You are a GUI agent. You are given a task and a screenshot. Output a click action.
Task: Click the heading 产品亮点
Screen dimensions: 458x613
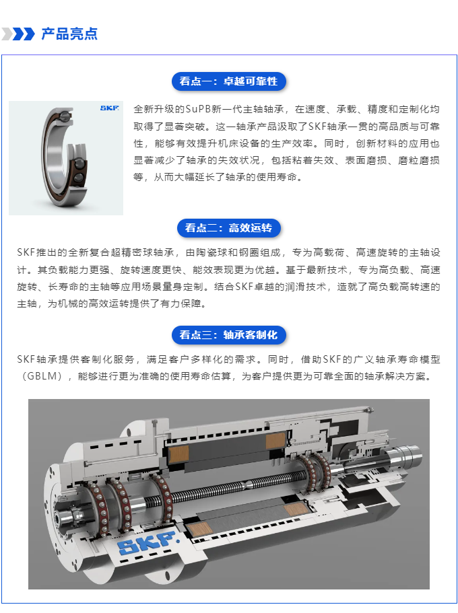(x=69, y=34)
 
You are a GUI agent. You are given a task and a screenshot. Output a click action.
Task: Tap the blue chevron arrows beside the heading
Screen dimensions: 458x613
(x=18, y=34)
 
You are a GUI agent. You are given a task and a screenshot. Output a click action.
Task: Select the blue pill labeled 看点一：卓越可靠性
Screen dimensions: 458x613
(x=228, y=81)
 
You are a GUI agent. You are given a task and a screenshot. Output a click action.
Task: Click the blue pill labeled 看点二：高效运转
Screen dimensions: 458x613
(x=228, y=228)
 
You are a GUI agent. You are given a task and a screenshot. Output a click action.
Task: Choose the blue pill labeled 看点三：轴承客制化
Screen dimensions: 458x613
(x=228, y=335)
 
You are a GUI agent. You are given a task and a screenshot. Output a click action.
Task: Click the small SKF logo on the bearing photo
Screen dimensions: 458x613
(x=109, y=108)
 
